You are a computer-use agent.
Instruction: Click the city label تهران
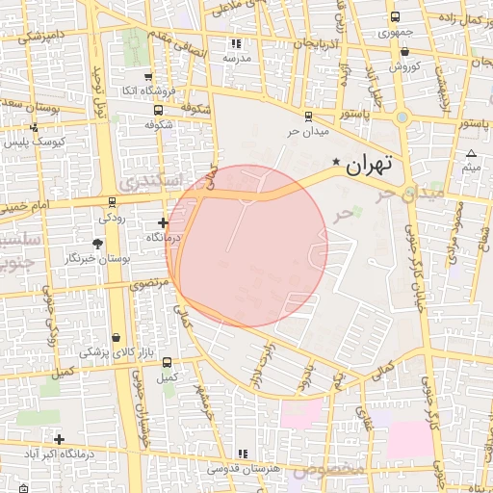point(372,164)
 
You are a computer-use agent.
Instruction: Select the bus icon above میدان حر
point(308,116)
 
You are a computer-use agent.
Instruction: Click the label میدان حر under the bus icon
point(308,131)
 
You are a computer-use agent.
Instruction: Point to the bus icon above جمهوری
point(395,17)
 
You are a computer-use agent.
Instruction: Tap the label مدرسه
point(237,58)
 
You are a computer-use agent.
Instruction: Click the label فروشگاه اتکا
point(147,91)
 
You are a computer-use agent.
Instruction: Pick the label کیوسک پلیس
point(29,142)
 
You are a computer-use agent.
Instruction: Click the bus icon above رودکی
point(113,202)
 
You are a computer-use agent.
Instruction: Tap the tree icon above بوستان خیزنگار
point(102,245)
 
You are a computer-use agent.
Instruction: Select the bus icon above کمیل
point(168,363)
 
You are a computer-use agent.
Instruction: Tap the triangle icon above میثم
point(471,154)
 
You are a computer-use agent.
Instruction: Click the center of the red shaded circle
point(247,246)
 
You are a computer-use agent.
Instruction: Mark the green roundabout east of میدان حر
point(402,117)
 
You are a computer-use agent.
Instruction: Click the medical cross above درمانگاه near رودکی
point(163,222)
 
